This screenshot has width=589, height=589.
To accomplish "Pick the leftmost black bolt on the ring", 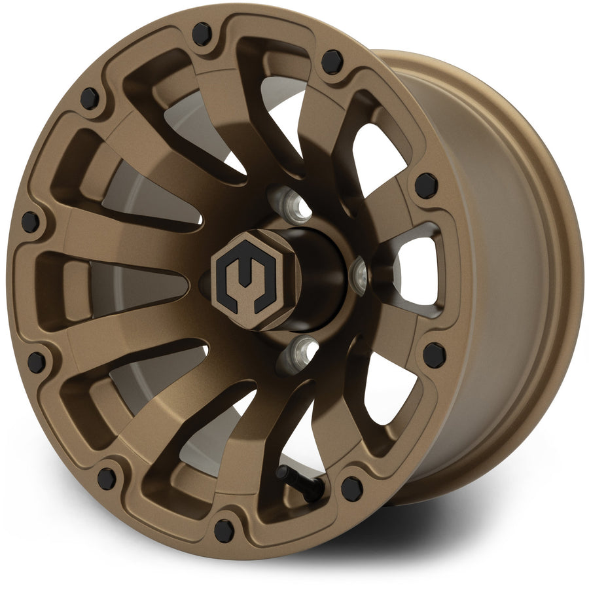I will click(x=30, y=221).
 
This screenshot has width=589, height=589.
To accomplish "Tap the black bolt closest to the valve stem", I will click(x=351, y=488).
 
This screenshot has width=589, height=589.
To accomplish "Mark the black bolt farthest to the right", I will click(x=434, y=354).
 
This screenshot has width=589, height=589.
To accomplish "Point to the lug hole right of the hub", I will click(x=360, y=274).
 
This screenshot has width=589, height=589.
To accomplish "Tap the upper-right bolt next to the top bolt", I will click(x=332, y=61).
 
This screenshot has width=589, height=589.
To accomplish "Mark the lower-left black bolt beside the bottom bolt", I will click(x=107, y=478).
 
